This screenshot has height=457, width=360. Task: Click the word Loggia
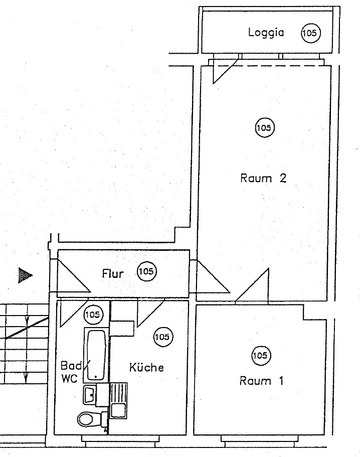tap(266, 33)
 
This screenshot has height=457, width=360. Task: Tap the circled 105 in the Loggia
tap(310, 33)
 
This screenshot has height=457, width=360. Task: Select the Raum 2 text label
tap(263, 178)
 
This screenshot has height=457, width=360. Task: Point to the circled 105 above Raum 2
tap(264, 128)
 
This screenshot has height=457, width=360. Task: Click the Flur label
tap(113, 274)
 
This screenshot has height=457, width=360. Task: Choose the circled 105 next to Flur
tap(146, 272)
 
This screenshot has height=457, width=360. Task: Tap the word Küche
tap(146, 367)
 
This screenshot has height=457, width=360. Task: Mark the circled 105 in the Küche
tap(162, 337)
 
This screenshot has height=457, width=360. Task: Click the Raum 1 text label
tap(261, 381)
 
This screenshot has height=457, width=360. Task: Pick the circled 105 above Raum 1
tap(260, 356)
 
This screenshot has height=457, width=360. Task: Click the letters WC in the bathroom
tap(69, 379)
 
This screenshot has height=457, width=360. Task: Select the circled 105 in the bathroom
tap(92, 315)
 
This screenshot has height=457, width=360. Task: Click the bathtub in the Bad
tap(95, 354)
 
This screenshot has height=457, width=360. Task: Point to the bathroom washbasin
tap(91, 394)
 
